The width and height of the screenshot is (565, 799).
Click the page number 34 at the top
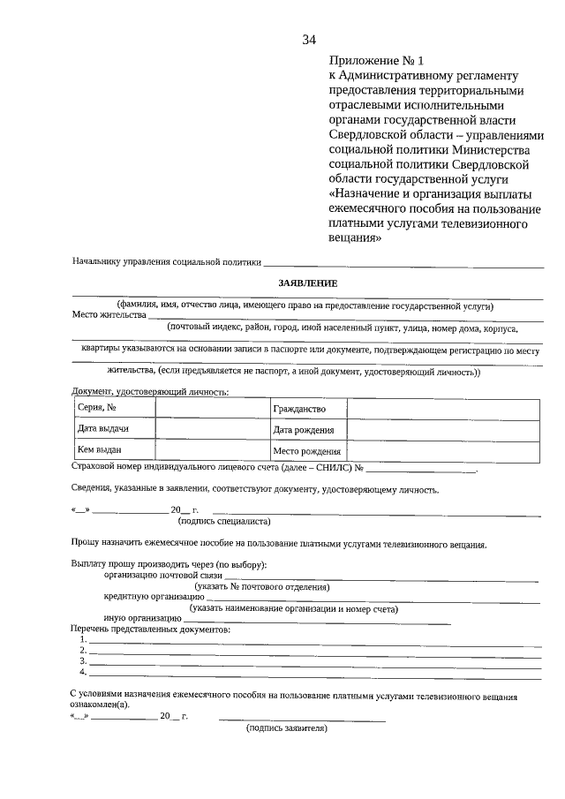[x=309, y=40]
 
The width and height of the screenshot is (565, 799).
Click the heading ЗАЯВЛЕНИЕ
[x=308, y=283]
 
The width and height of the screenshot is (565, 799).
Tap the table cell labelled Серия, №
[x=114, y=408]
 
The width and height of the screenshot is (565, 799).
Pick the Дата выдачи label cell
[x=114, y=429]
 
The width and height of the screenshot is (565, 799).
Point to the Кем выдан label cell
[x=114, y=450]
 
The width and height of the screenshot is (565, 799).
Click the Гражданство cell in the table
[x=308, y=409]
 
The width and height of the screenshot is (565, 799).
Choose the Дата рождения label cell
[x=308, y=430]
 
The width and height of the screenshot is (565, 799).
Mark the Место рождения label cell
[x=308, y=451]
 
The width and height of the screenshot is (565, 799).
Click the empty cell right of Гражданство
[x=441, y=408]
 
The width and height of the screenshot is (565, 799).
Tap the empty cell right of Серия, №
[x=212, y=408]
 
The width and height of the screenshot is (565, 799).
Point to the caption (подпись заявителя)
[x=287, y=729]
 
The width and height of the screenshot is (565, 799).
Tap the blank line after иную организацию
[x=318, y=622]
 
